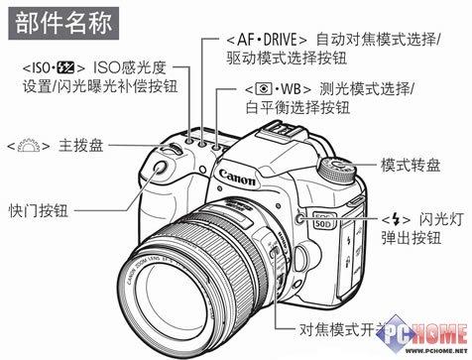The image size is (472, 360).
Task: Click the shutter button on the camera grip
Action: [x=160, y=171]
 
